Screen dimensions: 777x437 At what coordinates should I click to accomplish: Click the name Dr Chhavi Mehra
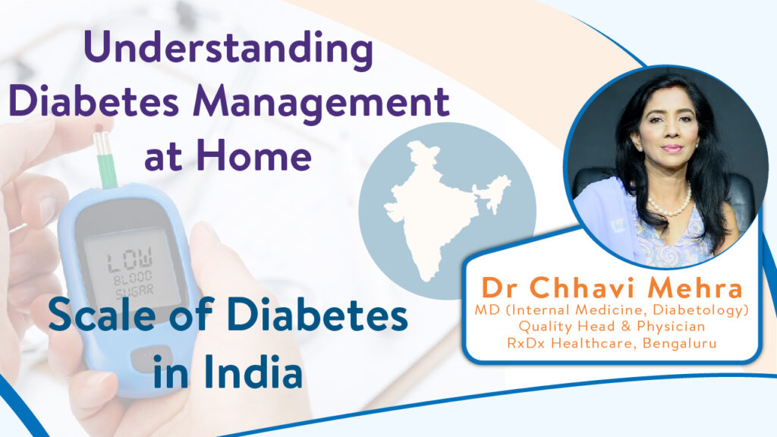click(x=612, y=288)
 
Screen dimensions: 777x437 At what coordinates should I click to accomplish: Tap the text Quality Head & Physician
click(x=612, y=326)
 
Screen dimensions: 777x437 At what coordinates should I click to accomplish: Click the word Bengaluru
click(x=679, y=343)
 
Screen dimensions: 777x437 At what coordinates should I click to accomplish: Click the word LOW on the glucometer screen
click(x=131, y=259)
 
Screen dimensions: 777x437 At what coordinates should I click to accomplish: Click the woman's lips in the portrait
click(x=672, y=148)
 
